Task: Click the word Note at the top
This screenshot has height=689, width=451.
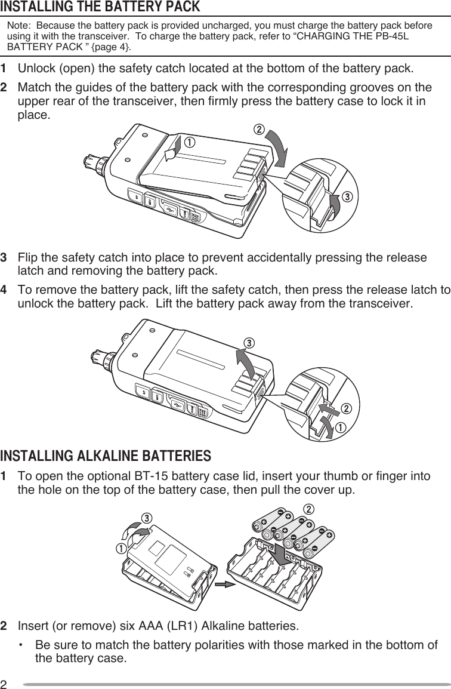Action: point(17,27)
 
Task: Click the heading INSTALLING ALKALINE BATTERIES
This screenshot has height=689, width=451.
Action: point(106,457)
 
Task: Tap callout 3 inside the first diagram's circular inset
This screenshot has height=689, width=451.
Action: point(345,196)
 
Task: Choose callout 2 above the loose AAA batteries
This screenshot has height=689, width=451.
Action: point(308,508)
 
